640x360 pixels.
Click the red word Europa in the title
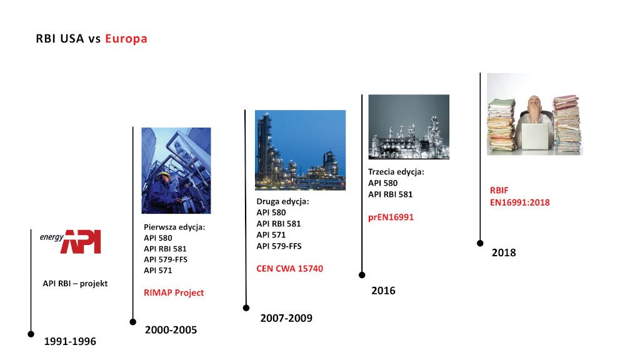pos(126,38)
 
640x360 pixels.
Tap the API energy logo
pos(70,242)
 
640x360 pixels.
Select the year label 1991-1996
pos(70,341)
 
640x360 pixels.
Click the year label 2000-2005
pos(171,330)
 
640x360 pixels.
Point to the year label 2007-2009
pos(286,318)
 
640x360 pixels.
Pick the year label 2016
pos(383,291)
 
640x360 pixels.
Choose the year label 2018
pos(504,252)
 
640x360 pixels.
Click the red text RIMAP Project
pos(174,292)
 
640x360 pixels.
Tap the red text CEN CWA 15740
pos(290,269)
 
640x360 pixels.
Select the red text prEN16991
pos(391,217)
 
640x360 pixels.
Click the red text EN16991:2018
pos(520,202)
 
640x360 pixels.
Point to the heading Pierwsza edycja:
pos(174,227)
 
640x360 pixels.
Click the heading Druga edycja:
pos(283,201)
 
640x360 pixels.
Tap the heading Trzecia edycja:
pos(396,172)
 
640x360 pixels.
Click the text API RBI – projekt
pos(75,283)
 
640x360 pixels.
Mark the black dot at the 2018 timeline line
pos(480,243)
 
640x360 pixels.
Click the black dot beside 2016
pos(362,275)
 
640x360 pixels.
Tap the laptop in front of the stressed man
pos(535,136)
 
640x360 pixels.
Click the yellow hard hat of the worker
pos(164,176)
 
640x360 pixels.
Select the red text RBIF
pos(499,191)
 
